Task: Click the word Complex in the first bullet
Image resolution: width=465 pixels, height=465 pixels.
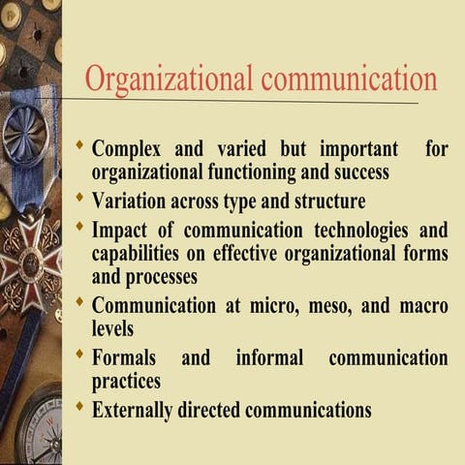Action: (x=129, y=151)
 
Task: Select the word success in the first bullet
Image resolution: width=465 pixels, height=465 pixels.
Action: (x=355, y=173)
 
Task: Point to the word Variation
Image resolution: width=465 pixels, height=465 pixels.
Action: (x=135, y=201)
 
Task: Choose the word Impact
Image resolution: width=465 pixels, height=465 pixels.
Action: (x=121, y=232)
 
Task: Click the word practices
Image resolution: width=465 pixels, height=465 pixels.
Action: (x=126, y=381)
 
